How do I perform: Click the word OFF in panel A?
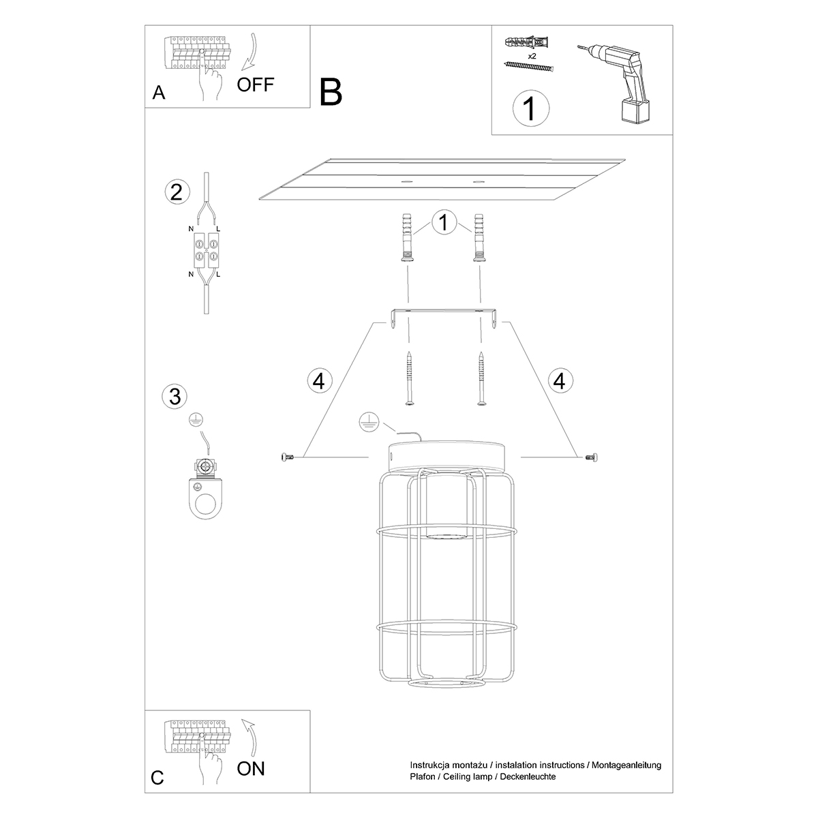click(256, 85)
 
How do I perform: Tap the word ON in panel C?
click(251, 768)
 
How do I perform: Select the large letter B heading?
click(331, 91)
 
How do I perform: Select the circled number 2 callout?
click(176, 192)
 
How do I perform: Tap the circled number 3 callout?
click(175, 395)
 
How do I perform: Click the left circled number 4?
click(318, 380)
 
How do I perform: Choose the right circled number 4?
click(560, 380)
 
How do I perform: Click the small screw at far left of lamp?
click(286, 457)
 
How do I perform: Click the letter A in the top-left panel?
click(159, 93)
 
